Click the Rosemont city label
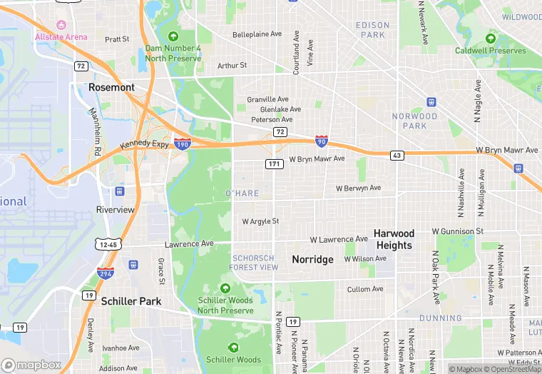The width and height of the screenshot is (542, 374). tap(111, 87)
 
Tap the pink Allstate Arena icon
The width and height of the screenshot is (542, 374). tap(61, 25)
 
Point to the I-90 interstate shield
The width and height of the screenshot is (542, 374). tap(322, 141)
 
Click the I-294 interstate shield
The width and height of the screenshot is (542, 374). tap(104, 273)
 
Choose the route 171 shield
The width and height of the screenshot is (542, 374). tap(275, 164)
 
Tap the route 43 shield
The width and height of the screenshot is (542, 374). tap(397, 155)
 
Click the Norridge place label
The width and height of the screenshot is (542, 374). tap(312, 260)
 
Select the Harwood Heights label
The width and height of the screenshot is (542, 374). tap(394, 239)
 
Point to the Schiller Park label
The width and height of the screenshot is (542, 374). tap(131, 301)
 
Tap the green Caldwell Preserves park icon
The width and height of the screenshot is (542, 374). tap(491, 39)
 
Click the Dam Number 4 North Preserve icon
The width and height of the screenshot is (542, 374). tap(173, 36)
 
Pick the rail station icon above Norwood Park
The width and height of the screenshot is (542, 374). tap(431, 102)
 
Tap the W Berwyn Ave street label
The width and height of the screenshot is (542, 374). tap(358, 188)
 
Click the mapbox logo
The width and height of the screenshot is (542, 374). tap(31, 365)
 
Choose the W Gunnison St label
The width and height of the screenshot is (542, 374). tap(457, 232)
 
